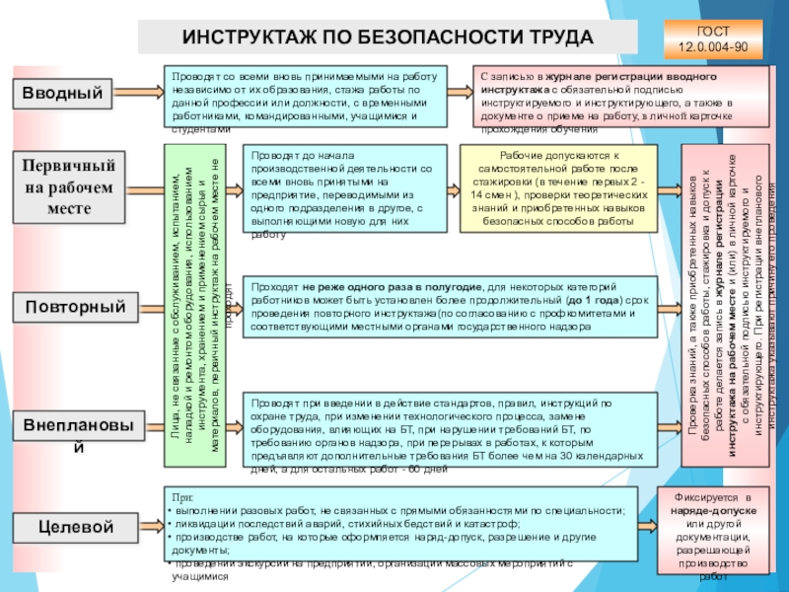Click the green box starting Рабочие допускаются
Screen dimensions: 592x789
click(558, 190)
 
